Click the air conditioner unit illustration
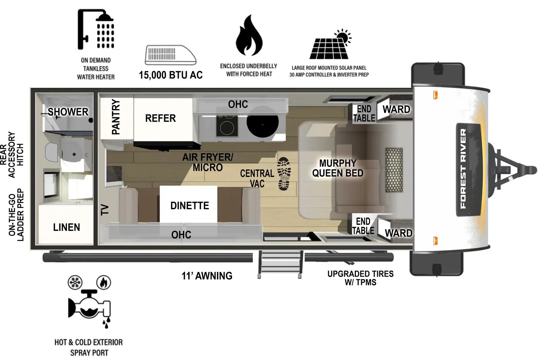click(x=170, y=55)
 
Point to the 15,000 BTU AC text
click(x=170, y=75)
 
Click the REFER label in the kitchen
click(x=160, y=118)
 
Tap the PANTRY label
click(x=116, y=117)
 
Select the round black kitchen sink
click(x=262, y=123)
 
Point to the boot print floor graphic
click(x=284, y=174)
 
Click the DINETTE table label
click(x=189, y=206)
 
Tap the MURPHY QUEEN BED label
click(x=338, y=168)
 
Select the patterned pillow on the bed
click(x=394, y=170)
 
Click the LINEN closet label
click(x=67, y=227)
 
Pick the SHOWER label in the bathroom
click(x=68, y=112)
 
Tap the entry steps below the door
click(x=280, y=264)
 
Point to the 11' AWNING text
click(x=207, y=276)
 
